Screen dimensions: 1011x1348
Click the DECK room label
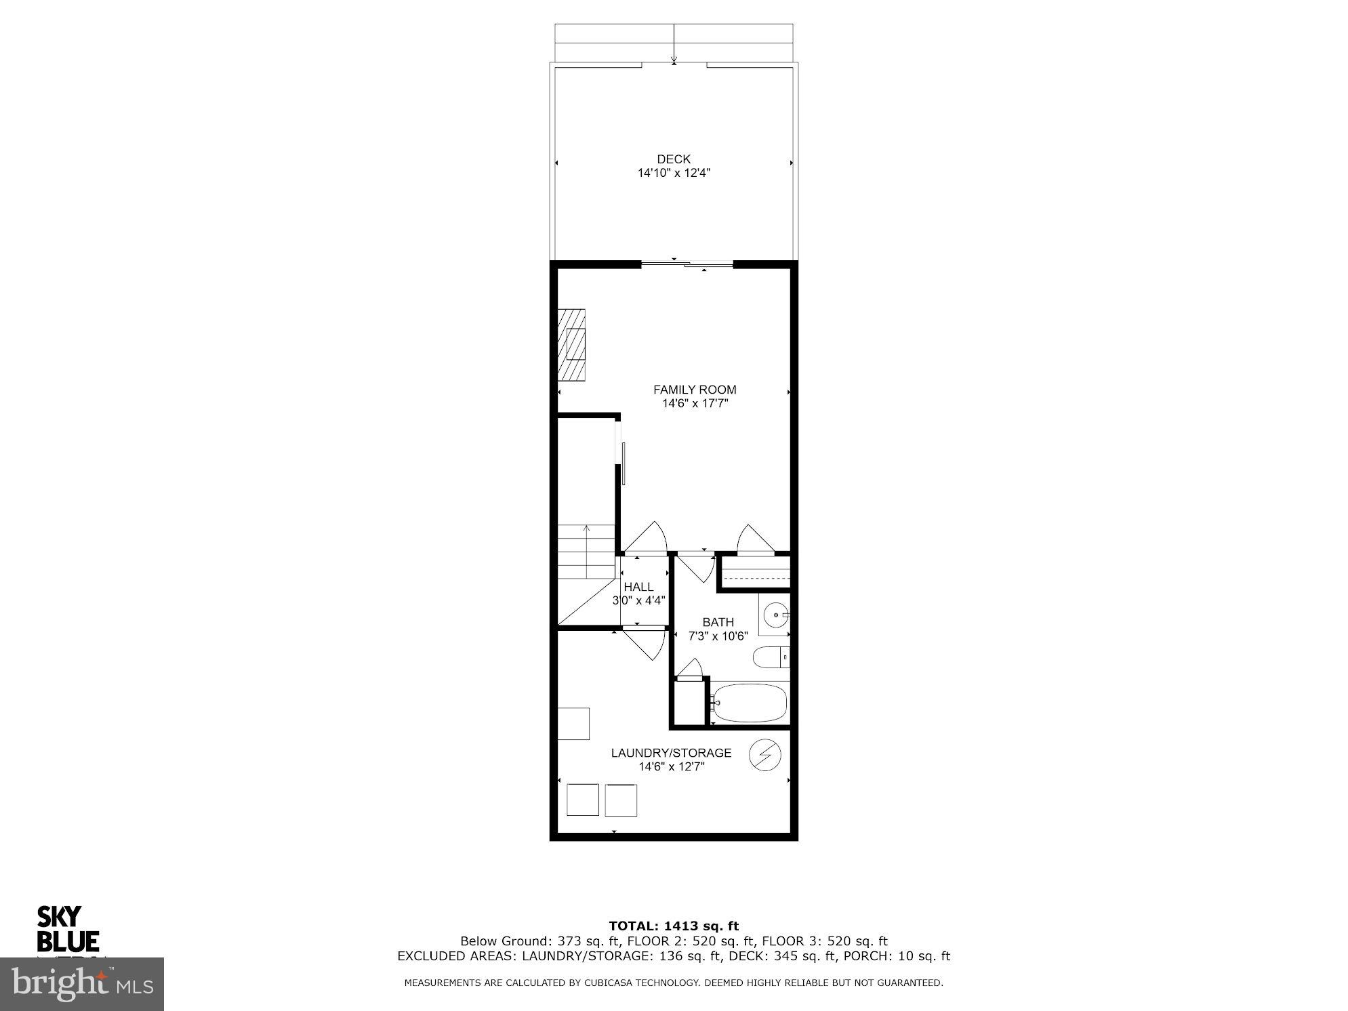coord(673,159)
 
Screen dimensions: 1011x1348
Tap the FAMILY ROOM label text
coord(694,390)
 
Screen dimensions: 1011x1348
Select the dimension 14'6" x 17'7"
coord(695,404)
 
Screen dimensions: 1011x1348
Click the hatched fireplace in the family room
coord(572,345)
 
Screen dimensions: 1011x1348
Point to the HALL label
coord(638,587)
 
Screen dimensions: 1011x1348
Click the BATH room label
coord(718,622)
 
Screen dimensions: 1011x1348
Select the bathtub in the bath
coord(750,703)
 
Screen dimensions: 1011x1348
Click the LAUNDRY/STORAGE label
coord(671,753)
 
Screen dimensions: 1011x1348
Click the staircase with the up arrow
coord(586,552)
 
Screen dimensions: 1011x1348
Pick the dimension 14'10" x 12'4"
coord(673,173)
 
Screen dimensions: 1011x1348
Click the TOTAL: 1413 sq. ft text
coord(673,926)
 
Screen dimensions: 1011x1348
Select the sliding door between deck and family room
coord(687,264)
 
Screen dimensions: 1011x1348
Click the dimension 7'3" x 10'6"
coord(718,636)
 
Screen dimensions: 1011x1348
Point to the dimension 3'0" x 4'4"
coord(638,600)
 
